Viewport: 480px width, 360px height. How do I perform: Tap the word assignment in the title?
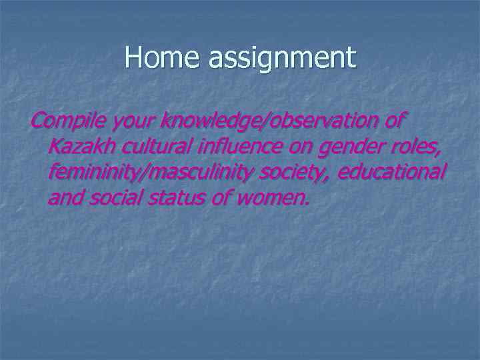[282, 59]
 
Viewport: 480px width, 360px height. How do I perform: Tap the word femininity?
[97, 172]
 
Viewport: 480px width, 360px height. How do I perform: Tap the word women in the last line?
[272, 198]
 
